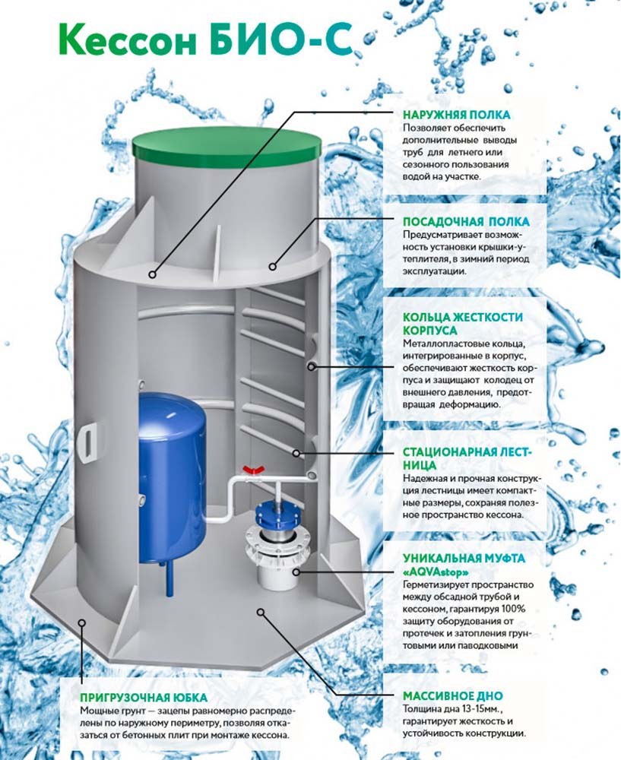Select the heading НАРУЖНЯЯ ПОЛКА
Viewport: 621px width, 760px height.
tap(457, 115)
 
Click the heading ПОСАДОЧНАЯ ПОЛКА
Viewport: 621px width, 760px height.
tap(466, 221)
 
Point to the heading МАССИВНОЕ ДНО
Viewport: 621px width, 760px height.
tap(453, 695)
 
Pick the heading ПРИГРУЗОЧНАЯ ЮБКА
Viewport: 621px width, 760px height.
tap(144, 698)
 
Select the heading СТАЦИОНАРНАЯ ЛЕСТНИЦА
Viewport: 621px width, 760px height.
tap(467, 458)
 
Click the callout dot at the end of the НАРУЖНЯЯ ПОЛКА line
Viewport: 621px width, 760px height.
tap(153, 274)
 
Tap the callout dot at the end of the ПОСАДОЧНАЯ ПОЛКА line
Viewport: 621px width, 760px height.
tap(273, 266)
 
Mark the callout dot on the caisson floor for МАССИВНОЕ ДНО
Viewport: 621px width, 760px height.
tap(261, 612)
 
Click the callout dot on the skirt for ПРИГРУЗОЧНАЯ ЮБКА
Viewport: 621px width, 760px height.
tap(82, 621)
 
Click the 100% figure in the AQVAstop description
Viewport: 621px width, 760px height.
tap(514, 609)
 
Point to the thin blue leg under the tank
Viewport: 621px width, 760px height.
tap(170, 578)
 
